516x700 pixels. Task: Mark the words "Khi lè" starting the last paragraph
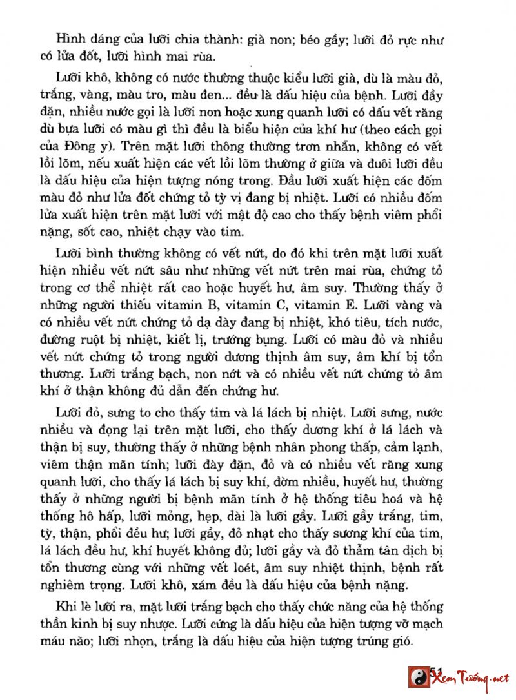71,608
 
